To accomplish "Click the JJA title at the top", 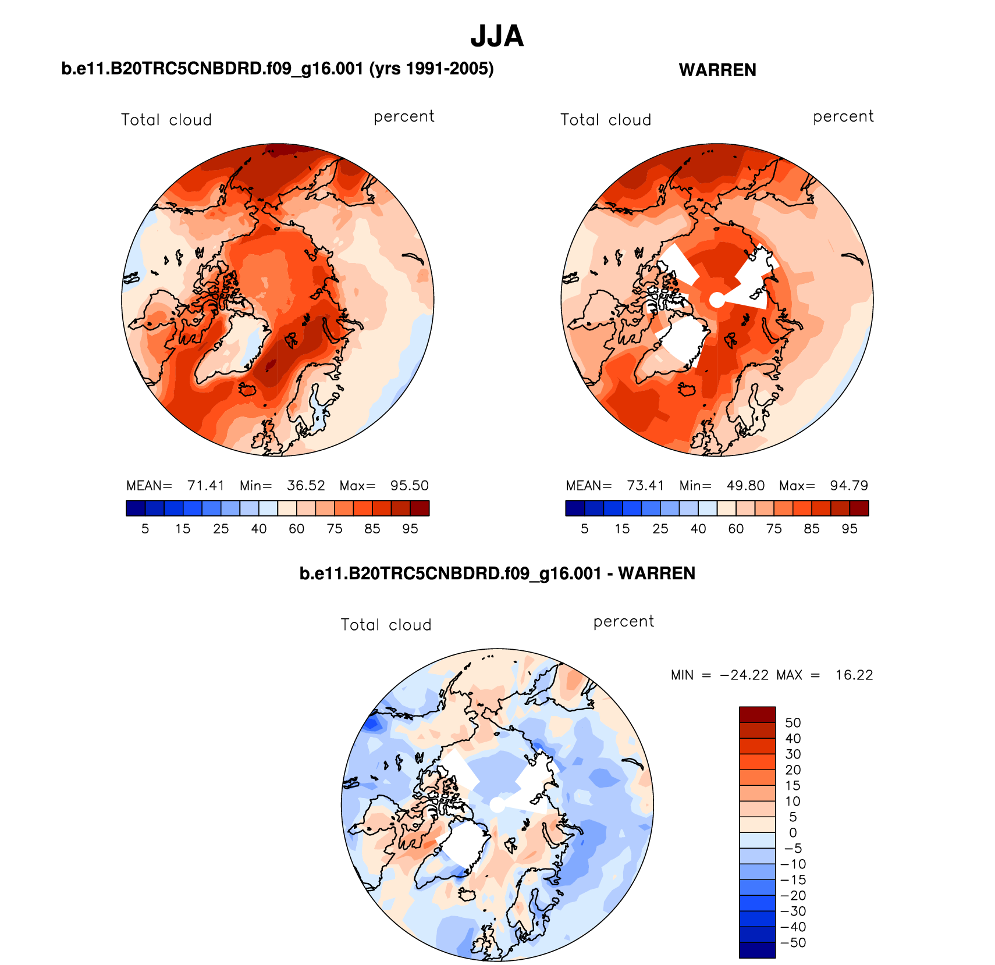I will click(497, 36).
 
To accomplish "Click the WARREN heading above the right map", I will click(717, 70).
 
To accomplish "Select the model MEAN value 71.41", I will click(205, 486).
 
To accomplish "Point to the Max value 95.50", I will click(409, 486).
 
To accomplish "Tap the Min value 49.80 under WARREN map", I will click(745, 486).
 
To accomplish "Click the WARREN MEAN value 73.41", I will click(645, 486).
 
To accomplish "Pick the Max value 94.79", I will click(849, 486).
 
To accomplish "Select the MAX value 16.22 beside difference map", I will click(854, 675).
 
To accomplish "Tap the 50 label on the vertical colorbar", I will click(793, 723).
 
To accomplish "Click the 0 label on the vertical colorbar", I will click(793, 833).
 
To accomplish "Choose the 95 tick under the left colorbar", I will click(410, 529).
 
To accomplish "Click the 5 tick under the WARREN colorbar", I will click(585, 529).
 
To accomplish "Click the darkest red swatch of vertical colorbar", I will click(757, 714).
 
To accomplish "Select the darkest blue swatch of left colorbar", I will click(136, 508).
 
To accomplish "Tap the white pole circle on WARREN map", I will click(717, 300).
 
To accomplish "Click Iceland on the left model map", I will click(249, 389).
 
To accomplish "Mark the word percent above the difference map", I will click(624, 622).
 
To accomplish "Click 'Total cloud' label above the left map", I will click(166, 120).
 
